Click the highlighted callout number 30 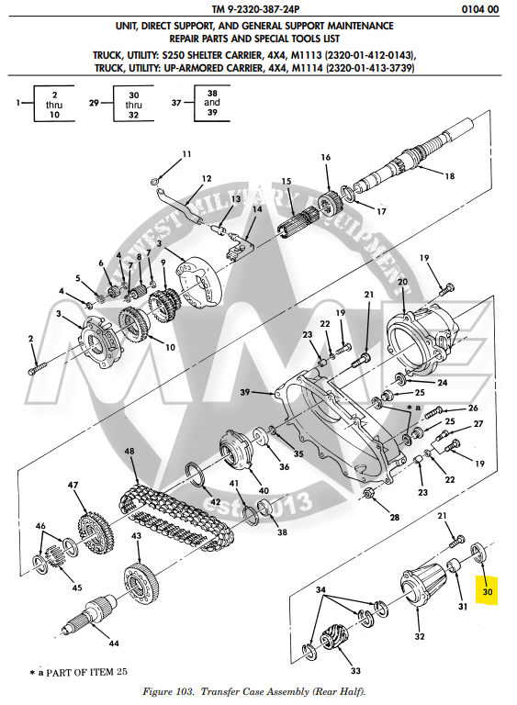tap(489, 593)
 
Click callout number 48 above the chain tap(129, 452)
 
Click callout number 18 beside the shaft tap(449, 174)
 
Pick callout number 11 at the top tap(186, 153)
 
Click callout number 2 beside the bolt tap(30, 339)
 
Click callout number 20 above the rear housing tap(402, 281)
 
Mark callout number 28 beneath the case tap(394, 518)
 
